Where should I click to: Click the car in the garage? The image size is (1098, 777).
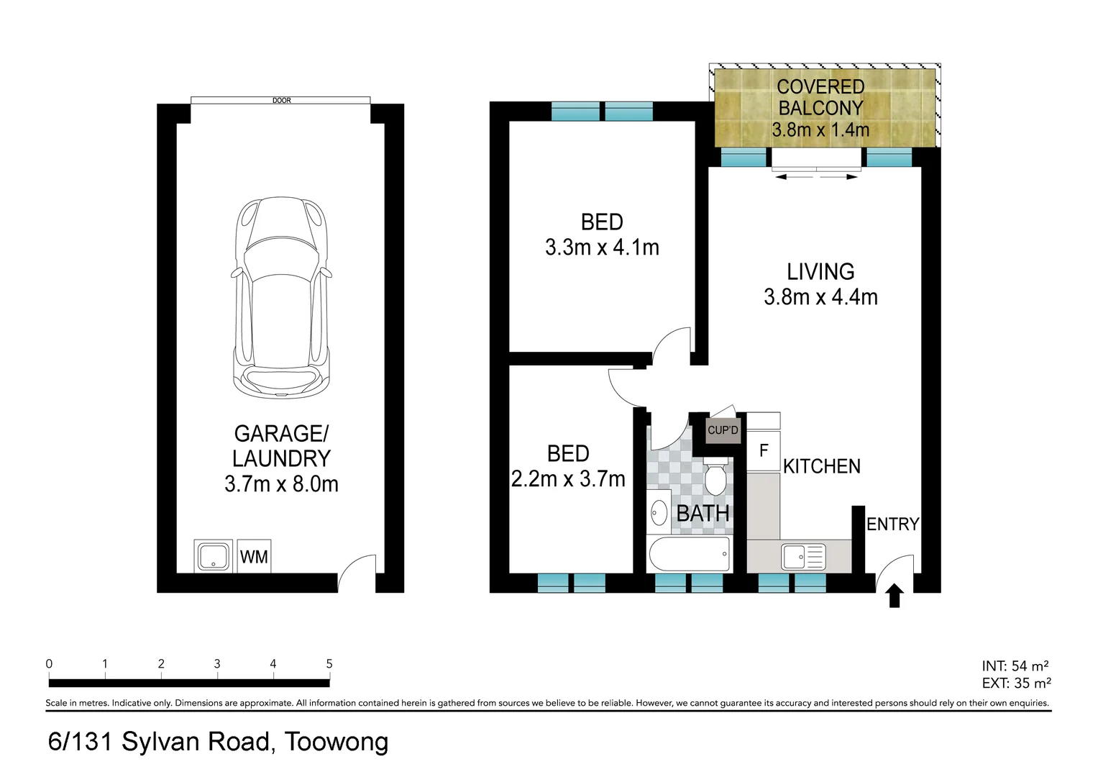coord(281,298)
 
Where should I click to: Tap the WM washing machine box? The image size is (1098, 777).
coord(254,556)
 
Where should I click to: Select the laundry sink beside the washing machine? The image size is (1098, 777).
coord(213,556)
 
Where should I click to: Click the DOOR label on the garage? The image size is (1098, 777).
coord(281,101)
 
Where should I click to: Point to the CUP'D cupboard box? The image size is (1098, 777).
coord(723,430)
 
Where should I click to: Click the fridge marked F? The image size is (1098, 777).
coord(764,451)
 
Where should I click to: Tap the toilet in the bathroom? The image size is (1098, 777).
coord(715,480)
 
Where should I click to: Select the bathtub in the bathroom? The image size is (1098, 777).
coord(690,555)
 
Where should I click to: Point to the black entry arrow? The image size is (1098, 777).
coord(894,596)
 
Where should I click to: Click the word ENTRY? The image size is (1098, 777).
coord(892,524)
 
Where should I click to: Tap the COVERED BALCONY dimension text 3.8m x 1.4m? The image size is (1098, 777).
coord(820,130)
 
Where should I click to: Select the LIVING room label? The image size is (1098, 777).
coord(820,272)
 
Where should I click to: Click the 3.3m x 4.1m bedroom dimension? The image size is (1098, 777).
coord(602,247)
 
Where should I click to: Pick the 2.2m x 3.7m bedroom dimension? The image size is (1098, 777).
coord(568,479)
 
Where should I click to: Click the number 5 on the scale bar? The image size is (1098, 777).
coord(329,664)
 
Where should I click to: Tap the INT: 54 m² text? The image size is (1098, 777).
coord(1015,666)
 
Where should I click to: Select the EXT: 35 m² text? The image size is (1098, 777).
coord(1016,683)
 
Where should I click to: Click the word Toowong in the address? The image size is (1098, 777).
coord(337,742)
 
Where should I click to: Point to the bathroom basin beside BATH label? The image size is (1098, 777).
coord(659,513)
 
